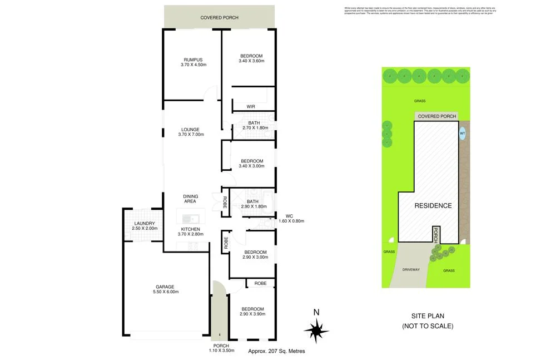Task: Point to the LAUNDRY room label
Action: pos(144,225)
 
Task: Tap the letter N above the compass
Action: pos(316,312)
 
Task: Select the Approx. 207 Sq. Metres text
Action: pos(276,351)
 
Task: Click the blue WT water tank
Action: pos(462,134)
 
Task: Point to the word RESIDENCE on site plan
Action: pos(433,205)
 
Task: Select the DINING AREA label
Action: pos(191,199)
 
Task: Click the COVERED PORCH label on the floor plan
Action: pos(219,18)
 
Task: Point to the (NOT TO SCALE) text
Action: pos(428,326)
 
